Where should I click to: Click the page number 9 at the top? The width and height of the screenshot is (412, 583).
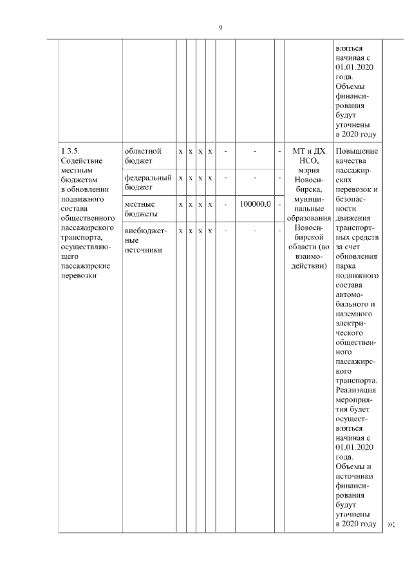220,28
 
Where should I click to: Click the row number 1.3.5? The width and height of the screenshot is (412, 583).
68,151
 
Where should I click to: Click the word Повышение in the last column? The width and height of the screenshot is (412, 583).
357,151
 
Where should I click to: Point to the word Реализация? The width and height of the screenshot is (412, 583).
356,390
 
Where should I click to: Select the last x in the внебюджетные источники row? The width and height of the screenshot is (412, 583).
210,231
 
